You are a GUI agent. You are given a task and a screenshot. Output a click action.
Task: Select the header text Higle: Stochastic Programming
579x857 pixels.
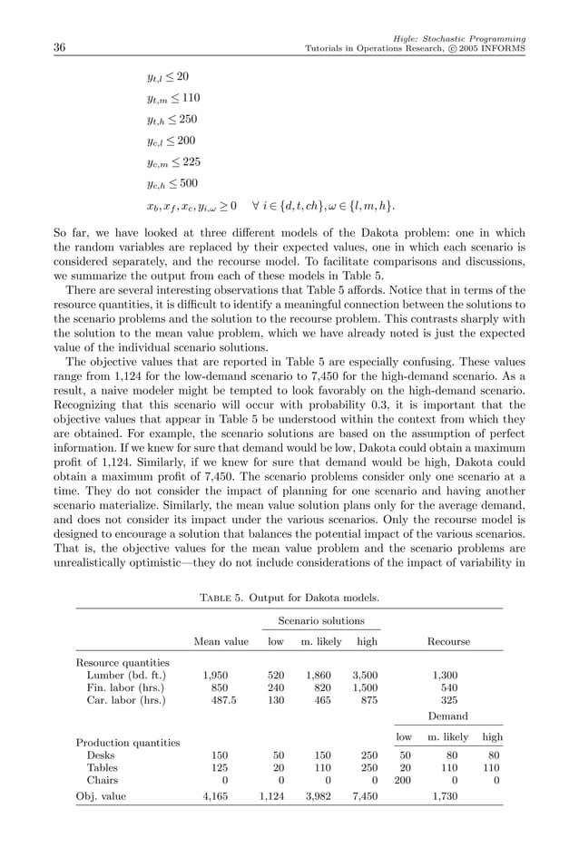click(x=461, y=38)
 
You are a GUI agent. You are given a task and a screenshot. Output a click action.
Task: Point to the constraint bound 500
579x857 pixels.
click(x=187, y=183)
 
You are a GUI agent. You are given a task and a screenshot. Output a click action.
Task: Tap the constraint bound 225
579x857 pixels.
click(x=187, y=162)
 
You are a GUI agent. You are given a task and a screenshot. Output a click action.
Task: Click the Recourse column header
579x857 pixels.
click(x=448, y=641)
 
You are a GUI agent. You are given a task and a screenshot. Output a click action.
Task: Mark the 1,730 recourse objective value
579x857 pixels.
click(x=448, y=796)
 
